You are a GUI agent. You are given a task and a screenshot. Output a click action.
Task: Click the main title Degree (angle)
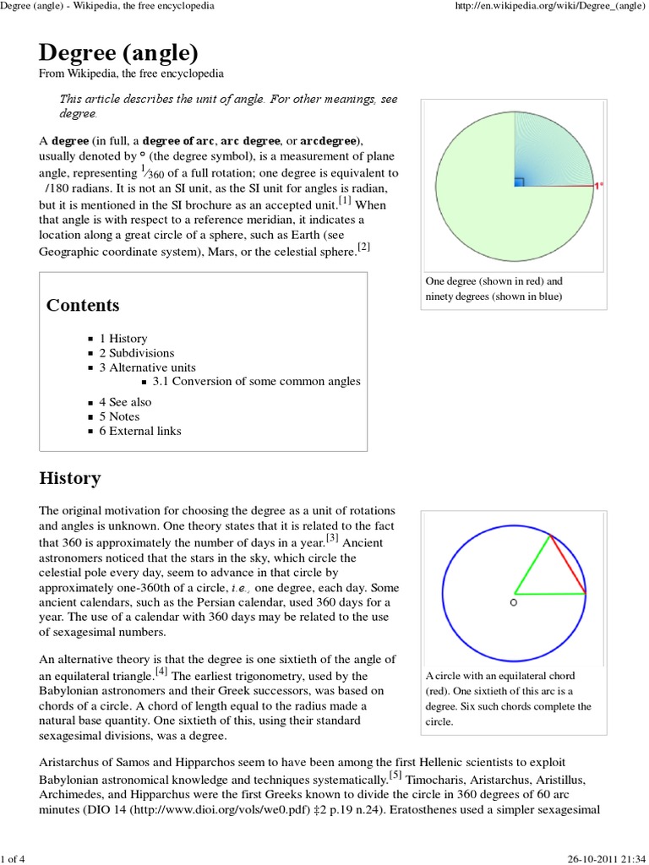tap(118, 53)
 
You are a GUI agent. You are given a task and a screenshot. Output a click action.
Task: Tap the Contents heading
tap(82, 305)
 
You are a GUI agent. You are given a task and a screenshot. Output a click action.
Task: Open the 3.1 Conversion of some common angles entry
tap(256, 382)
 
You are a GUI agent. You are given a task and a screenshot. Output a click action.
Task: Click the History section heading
tap(69, 479)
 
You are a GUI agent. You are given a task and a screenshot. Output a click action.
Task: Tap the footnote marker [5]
tap(395, 775)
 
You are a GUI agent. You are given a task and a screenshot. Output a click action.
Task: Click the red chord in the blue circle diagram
tap(568, 564)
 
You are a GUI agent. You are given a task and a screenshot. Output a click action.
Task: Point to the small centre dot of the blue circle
tap(514, 602)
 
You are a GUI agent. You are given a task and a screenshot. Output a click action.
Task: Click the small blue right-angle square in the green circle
tap(520, 182)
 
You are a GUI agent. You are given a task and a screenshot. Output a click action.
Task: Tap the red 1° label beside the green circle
tap(598, 186)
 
